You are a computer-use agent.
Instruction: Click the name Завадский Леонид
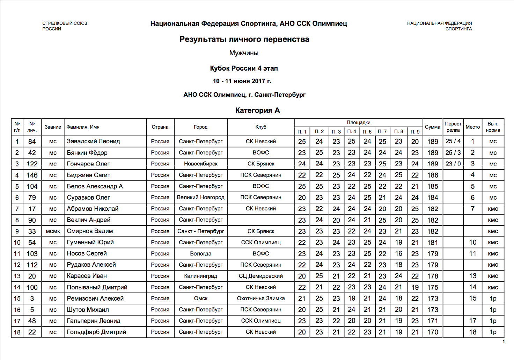(x=93, y=141)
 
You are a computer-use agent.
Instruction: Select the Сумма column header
(x=432, y=127)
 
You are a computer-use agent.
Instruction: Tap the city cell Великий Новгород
(x=200, y=197)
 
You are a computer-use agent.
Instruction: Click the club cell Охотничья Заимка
(x=261, y=298)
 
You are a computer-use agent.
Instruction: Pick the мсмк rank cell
(x=53, y=231)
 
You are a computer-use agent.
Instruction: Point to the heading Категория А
(x=257, y=110)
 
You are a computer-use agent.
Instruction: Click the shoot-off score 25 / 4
(x=453, y=141)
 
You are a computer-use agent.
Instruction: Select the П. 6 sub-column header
(x=367, y=132)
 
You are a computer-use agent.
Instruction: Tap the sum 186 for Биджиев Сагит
(x=432, y=175)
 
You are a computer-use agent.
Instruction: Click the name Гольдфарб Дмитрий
(x=96, y=332)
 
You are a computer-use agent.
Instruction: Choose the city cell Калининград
(x=200, y=276)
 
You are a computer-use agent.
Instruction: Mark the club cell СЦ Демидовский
(x=261, y=276)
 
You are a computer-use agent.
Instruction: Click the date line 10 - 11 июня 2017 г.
(x=242, y=81)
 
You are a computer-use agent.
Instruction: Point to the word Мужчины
(x=244, y=53)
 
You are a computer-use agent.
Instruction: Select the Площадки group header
(x=358, y=122)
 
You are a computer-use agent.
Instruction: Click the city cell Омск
(x=200, y=298)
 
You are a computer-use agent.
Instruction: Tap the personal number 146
(x=32, y=175)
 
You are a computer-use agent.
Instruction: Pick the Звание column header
(x=53, y=127)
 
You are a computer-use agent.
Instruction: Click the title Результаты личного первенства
(x=244, y=39)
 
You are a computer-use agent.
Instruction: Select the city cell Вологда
(x=200, y=254)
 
